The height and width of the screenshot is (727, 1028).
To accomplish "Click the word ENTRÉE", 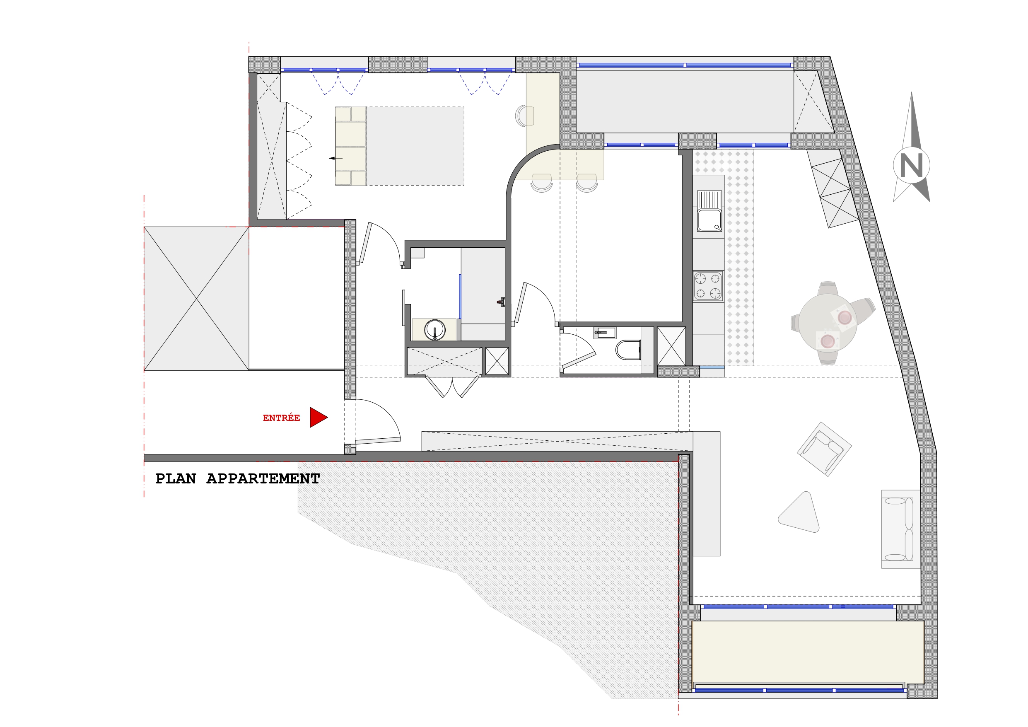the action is [x=281, y=418].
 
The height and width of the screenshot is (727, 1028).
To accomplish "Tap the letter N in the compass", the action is [x=911, y=165].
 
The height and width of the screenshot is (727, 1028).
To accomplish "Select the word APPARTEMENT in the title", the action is [x=263, y=479].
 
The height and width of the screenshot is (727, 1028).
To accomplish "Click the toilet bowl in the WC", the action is [x=628, y=350].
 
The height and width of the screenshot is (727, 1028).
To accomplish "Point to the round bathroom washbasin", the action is [x=434, y=330].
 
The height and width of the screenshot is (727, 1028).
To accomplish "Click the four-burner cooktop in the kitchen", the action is [x=708, y=286].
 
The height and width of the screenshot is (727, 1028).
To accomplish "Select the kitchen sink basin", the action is [x=709, y=220].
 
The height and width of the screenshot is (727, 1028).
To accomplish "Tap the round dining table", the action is [x=828, y=323].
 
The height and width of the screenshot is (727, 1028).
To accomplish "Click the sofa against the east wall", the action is [x=900, y=529].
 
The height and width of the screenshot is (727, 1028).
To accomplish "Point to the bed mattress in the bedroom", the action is [x=415, y=146].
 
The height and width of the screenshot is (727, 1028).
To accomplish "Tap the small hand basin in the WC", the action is [x=604, y=332].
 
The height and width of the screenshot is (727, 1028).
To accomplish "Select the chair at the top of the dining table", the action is [x=828, y=288].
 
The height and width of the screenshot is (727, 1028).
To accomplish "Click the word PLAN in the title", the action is [x=176, y=479].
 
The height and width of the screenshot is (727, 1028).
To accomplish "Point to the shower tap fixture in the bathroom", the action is [x=501, y=302].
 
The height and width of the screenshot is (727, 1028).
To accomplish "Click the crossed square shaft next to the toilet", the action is [x=671, y=346].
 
